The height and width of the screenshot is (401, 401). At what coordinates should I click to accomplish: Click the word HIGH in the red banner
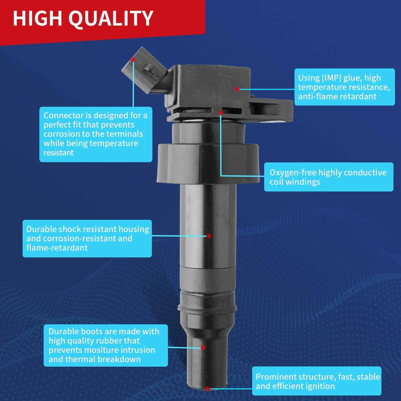[x=38, y=18]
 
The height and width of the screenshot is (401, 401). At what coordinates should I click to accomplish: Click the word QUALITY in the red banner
[x=111, y=19]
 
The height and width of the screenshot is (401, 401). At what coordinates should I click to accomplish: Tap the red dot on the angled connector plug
[x=133, y=60]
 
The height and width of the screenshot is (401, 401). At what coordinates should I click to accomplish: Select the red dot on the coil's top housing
[x=237, y=90]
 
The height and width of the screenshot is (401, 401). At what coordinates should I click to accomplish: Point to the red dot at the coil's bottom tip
[x=207, y=389]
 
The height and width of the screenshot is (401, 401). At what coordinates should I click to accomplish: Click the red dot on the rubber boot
[x=203, y=347]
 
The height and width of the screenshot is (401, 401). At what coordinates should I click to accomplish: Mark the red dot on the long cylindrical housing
[x=209, y=236]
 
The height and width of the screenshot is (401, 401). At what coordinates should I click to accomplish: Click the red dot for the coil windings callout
[x=221, y=113]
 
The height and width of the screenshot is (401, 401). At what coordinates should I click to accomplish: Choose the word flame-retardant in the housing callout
[x=57, y=248]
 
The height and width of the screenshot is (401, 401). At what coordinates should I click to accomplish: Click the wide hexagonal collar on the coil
[x=208, y=164]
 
